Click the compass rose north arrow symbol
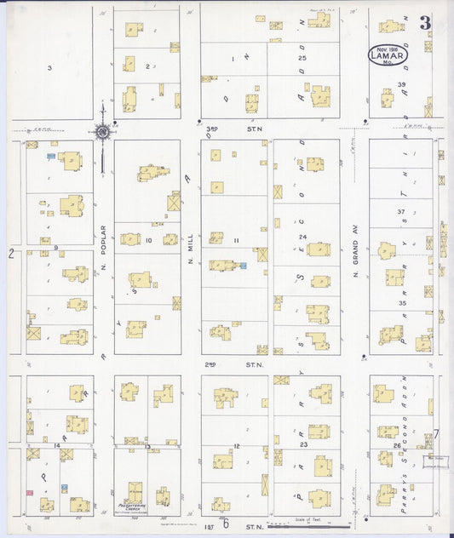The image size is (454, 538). pyautogui.click(x=102, y=132)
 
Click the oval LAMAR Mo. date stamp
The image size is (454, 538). pyautogui.click(x=388, y=54)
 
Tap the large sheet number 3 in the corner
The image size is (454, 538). pyautogui.click(x=424, y=23)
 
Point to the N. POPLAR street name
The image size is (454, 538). pyautogui.click(x=102, y=243)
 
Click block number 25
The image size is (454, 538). pyautogui.click(x=302, y=57)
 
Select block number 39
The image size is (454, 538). pyautogui.click(x=402, y=84)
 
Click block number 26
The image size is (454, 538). pyautogui.click(x=397, y=445)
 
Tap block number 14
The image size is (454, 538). pyautogui.click(x=57, y=445)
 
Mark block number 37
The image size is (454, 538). pyautogui.click(x=400, y=211)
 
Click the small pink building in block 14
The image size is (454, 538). pyautogui.click(x=30, y=492)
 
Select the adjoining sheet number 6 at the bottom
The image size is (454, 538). pyautogui.click(x=227, y=524)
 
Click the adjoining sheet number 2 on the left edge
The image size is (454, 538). pyautogui.click(x=11, y=253)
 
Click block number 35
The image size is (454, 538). pyautogui.click(x=402, y=302)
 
